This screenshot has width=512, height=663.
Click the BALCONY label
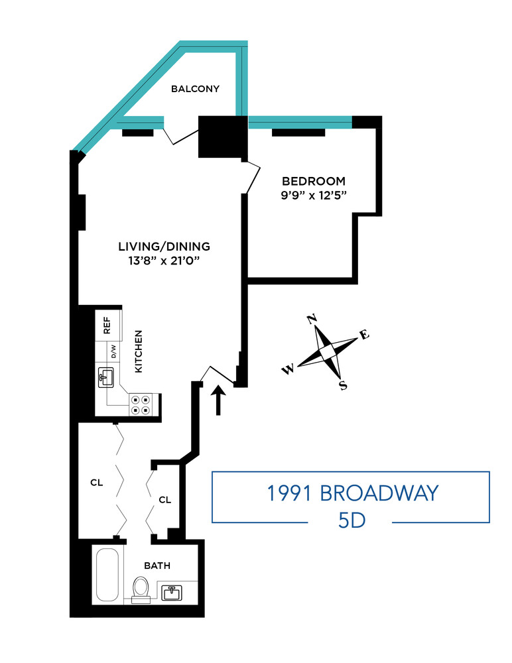(195, 89)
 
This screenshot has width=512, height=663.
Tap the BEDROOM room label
(314, 181)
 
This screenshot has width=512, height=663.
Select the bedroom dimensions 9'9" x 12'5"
(314, 195)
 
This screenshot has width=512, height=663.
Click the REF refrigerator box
(107, 326)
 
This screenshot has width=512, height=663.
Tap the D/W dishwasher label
(113, 351)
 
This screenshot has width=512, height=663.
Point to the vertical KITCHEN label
(139, 351)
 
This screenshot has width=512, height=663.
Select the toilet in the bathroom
(141, 589)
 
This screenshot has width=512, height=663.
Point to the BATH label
(158, 566)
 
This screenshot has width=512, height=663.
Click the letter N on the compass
(311, 320)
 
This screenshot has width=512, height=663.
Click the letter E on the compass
(363, 335)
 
